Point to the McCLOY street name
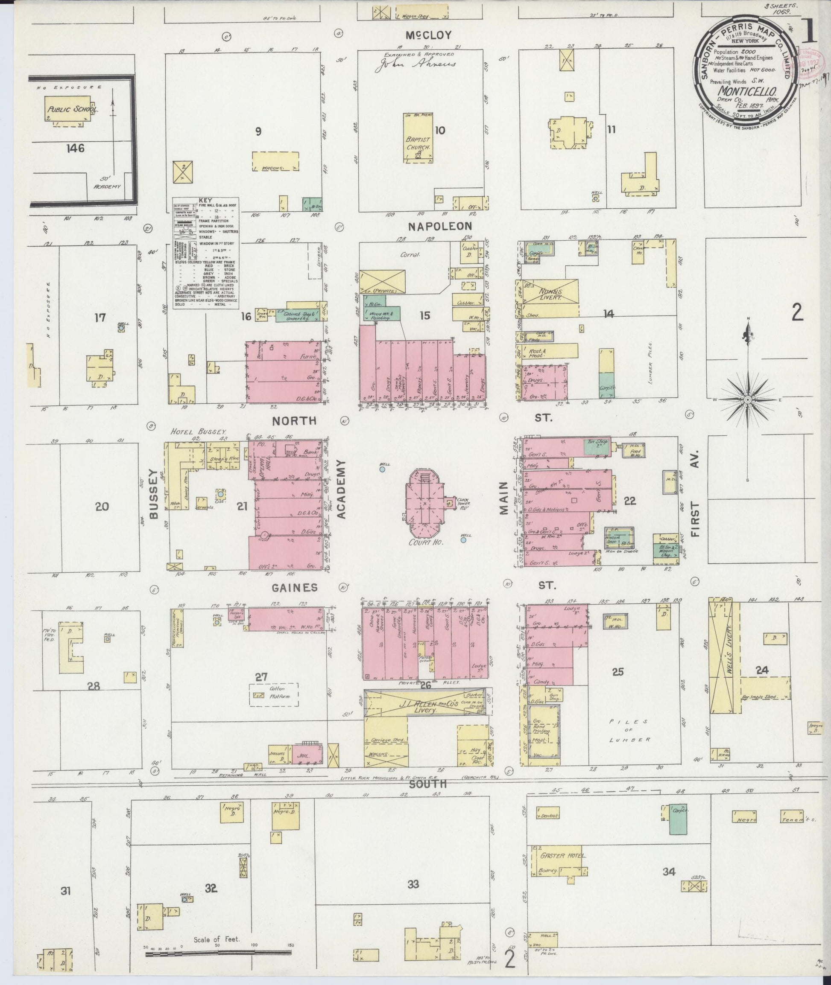(429, 35)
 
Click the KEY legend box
(205, 253)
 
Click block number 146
(76, 149)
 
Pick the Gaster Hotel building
(559, 860)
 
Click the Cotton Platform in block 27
(274, 694)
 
